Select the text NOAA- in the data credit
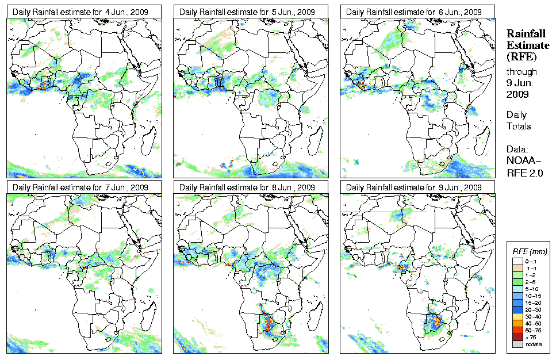[524, 161]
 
